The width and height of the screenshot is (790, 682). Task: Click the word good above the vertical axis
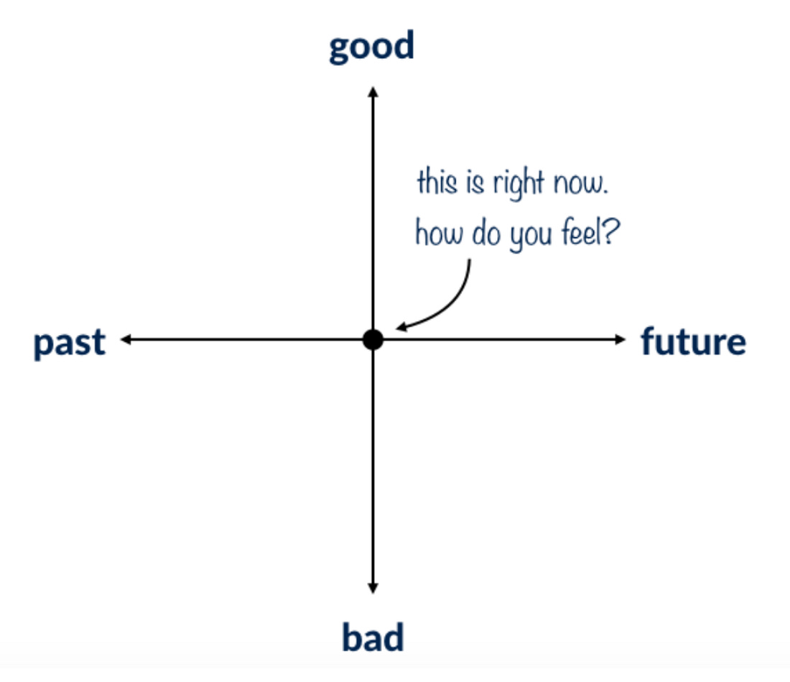(x=371, y=47)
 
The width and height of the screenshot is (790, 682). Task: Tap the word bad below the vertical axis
(x=373, y=637)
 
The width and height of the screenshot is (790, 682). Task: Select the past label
(x=70, y=344)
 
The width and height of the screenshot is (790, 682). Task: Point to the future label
(x=693, y=341)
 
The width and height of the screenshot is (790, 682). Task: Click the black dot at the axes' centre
(x=373, y=340)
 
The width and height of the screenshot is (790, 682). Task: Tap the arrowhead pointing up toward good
(x=373, y=92)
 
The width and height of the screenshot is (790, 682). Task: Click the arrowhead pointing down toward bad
(x=373, y=588)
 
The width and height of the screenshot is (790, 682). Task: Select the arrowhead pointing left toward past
(x=126, y=340)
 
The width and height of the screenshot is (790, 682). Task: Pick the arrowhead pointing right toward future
(x=621, y=340)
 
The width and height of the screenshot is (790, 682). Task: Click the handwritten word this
(x=437, y=182)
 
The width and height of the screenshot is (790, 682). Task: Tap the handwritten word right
(x=519, y=184)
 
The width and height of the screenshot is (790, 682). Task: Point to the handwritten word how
(x=439, y=234)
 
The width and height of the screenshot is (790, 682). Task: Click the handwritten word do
(x=486, y=234)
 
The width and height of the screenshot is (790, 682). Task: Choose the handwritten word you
(x=531, y=237)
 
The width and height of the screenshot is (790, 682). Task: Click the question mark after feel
(x=611, y=232)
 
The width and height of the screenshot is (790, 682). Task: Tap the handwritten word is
(x=475, y=183)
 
